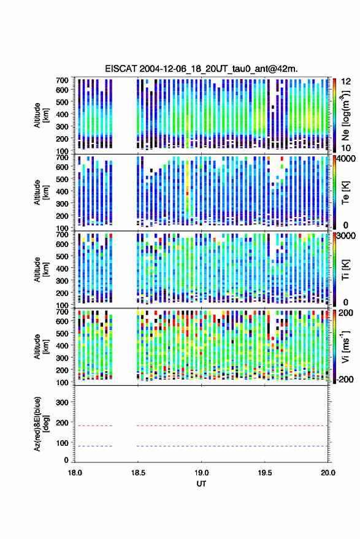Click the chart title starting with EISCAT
point(201,69)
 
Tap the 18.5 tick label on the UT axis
point(138,473)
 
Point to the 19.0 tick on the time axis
point(201,473)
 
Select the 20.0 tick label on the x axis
point(327,473)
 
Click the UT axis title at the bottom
point(201,484)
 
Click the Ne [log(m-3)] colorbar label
point(345,115)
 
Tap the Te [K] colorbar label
point(345,193)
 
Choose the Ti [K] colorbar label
point(345,270)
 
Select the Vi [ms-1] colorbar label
point(345,346)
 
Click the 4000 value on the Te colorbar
point(346,159)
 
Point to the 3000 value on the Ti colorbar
point(346,236)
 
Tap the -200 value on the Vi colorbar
point(345,379)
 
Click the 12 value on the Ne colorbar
point(347,82)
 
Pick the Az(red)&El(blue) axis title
point(41,424)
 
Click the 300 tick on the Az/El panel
point(62,402)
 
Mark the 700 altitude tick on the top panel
point(62,80)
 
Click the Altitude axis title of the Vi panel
point(41,346)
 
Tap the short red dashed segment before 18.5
point(93,426)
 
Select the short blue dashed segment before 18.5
point(93,446)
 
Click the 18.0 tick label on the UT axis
point(75,473)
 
